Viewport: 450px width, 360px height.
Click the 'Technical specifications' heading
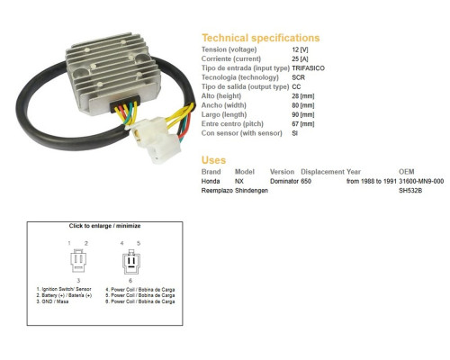coord(261,38)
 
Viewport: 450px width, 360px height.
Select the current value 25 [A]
coord(300,58)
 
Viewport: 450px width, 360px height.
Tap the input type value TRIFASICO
coord(308,68)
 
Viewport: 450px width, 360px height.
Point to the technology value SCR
coord(298,77)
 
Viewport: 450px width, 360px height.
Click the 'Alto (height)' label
coord(221,96)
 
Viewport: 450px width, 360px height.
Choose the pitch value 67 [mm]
coord(303,124)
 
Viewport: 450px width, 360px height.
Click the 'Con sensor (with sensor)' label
coord(241,133)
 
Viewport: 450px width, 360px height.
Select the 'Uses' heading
coord(213,160)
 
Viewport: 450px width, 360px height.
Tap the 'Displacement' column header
coord(322,172)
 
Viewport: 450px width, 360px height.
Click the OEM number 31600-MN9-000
coord(421,181)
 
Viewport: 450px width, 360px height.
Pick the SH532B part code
coord(410,191)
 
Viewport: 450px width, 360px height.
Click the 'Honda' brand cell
coord(211,181)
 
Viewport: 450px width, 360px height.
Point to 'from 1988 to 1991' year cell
coord(372,181)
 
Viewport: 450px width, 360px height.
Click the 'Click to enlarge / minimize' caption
coord(104,226)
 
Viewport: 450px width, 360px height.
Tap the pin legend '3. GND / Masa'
coord(52,301)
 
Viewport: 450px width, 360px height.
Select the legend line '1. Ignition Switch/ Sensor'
coord(64,289)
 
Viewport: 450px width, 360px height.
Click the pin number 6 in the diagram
coord(130,281)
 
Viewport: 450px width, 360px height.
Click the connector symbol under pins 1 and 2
coord(78,260)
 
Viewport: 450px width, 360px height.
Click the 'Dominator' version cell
coord(284,181)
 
